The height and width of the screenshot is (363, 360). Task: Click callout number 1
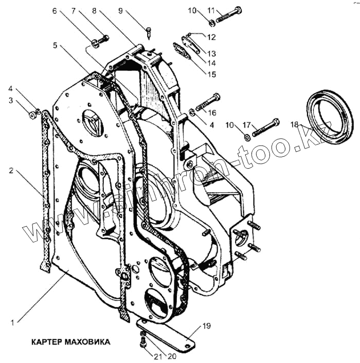point(11,323)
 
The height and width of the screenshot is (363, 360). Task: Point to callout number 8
point(94,10)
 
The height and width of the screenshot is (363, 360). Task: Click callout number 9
point(121,10)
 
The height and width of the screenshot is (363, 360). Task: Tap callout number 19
point(206,325)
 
